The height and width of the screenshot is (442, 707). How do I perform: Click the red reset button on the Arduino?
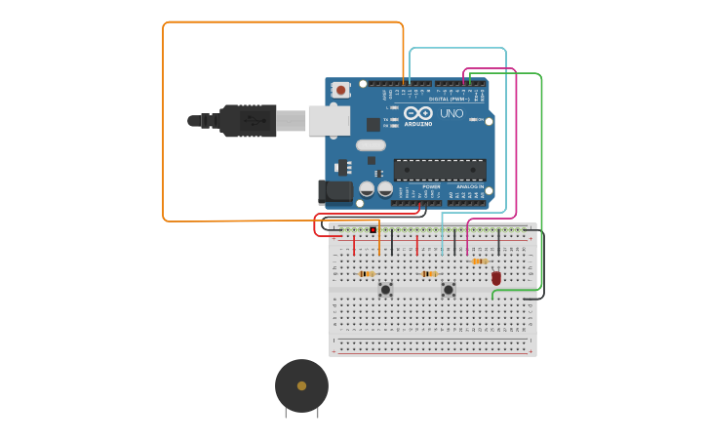(x=340, y=90)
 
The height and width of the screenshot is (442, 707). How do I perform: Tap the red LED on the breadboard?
(x=496, y=278)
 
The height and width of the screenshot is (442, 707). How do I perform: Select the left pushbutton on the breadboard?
(x=385, y=290)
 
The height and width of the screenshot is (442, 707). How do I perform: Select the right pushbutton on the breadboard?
(x=448, y=290)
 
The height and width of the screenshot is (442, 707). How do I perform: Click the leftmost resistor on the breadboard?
(x=367, y=274)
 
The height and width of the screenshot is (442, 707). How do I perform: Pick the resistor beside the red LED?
(x=479, y=261)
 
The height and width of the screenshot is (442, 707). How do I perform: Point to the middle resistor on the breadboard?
(x=429, y=274)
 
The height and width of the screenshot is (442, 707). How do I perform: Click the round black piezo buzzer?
(x=301, y=385)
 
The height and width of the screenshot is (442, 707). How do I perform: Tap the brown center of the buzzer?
(x=301, y=385)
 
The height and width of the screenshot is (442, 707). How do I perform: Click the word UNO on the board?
(x=452, y=113)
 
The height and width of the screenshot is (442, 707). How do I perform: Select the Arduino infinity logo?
(x=418, y=112)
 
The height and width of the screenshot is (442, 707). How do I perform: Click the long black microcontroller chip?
(x=440, y=170)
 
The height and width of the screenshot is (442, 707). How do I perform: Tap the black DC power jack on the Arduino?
(x=334, y=191)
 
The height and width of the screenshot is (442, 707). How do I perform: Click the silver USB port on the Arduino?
(x=329, y=120)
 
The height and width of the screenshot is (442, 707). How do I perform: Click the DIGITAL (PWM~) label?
(x=450, y=99)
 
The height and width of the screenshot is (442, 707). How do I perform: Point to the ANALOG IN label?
(x=470, y=186)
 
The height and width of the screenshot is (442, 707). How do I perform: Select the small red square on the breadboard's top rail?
(x=373, y=230)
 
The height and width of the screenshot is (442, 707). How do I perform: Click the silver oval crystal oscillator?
(x=371, y=145)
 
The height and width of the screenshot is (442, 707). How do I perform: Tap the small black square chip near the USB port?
(x=373, y=124)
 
